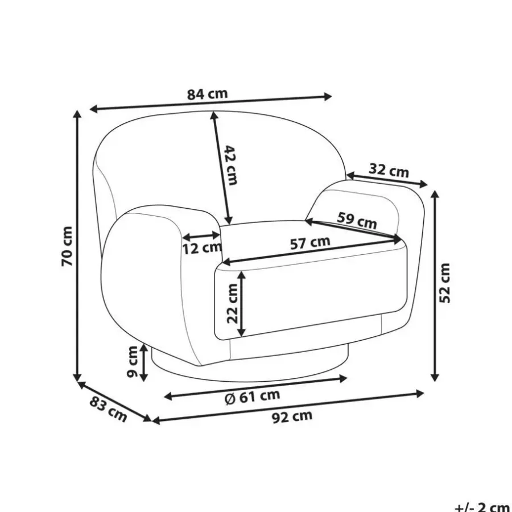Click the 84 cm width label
[207, 94]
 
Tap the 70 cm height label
[67, 246]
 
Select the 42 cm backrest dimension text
[231, 166]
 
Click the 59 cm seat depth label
[357, 220]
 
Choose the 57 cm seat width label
[310, 243]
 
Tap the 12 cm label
[202, 249]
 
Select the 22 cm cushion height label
[232, 304]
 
